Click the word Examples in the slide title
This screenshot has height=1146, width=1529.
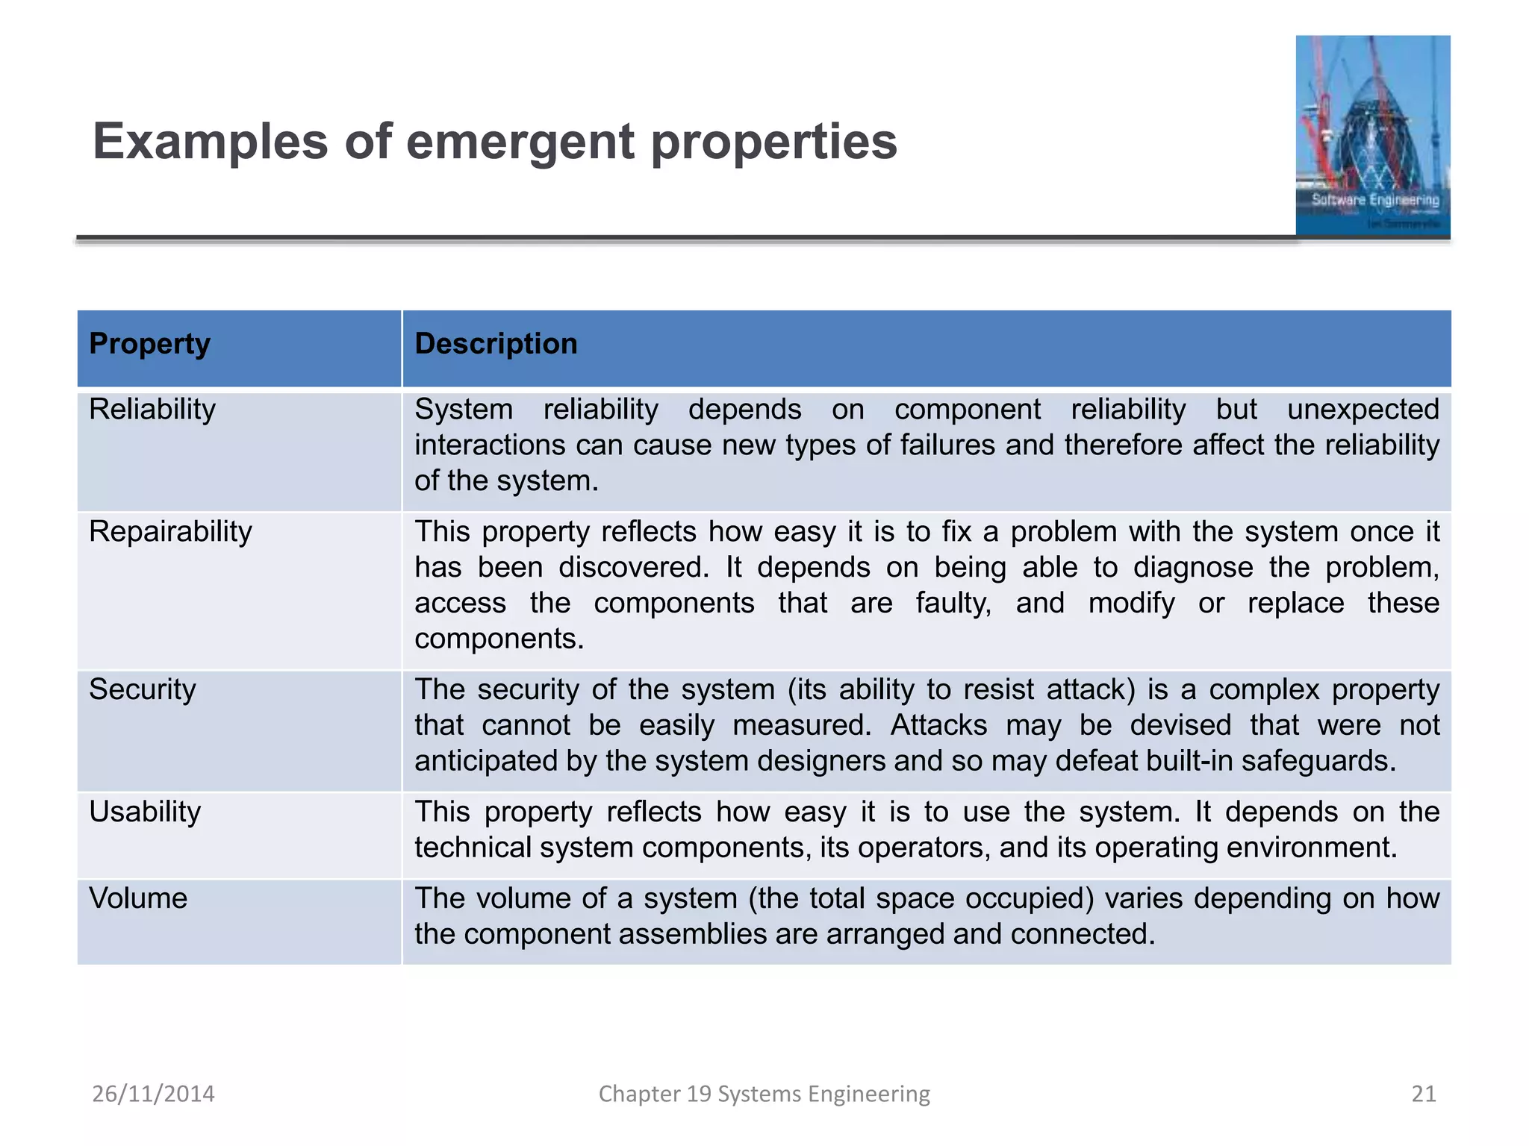(x=210, y=142)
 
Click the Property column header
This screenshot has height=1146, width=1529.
(x=149, y=344)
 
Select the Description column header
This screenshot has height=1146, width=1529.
(x=496, y=344)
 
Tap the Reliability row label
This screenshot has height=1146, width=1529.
(x=152, y=410)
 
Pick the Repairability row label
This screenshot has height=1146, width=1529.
(x=170, y=532)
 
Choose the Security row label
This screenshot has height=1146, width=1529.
(x=143, y=689)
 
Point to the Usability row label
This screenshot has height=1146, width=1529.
(x=145, y=812)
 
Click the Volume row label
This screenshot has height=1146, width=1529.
(x=138, y=898)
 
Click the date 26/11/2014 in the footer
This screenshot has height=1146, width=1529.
(x=153, y=1094)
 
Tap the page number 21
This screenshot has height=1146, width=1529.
(x=1424, y=1094)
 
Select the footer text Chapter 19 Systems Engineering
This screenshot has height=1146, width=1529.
(x=764, y=1094)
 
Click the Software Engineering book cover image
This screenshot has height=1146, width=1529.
(x=1372, y=136)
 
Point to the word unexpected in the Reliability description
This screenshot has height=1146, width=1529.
(x=1363, y=410)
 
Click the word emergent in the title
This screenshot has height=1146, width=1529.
(x=520, y=142)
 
